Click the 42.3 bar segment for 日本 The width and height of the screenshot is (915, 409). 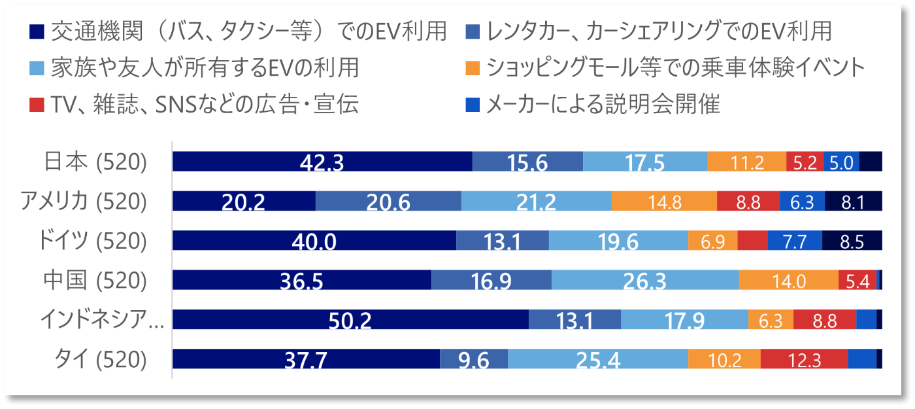tap(322, 162)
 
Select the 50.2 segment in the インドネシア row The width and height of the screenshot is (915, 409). tap(350, 319)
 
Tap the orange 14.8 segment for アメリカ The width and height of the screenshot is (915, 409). tap(664, 201)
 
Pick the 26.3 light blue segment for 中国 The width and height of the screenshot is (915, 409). tap(645, 280)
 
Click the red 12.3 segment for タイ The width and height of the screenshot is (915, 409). tap(804, 359)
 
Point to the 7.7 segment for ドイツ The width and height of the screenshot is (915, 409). tap(795, 241)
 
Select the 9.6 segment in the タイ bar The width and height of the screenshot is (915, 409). tap(474, 359)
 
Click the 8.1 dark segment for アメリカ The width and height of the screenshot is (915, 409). tap(854, 201)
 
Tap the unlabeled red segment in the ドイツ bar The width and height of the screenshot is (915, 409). tap(752, 241)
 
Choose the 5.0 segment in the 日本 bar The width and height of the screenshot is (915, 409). tap(841, 162)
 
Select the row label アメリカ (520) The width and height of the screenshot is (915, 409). tap(83, 202)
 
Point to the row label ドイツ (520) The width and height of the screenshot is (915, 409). tap(91, 241)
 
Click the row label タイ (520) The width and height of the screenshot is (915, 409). tap(100, 360)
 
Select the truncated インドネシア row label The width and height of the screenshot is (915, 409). tap(101, 320)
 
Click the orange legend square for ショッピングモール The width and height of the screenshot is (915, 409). tap(475, 67)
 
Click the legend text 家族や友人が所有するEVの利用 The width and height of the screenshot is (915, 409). tap(205, 67)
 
